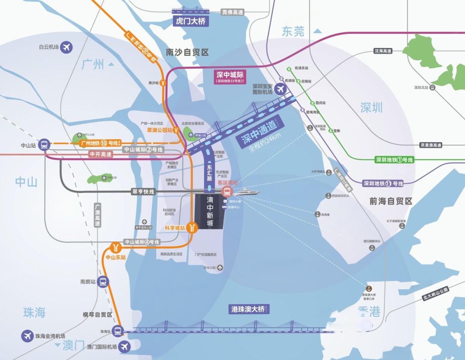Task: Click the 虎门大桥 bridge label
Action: tap(191, 21)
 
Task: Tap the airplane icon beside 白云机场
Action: tap(67, 47)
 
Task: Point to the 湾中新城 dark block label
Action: tap(210, 213)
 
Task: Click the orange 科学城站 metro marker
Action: tap(192, 228)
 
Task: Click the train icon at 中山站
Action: tap(44, 145)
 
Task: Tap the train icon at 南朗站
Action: tap(103, 282)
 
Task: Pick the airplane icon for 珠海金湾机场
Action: tap(27, 336)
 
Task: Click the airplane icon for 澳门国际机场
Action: tap(125, 346)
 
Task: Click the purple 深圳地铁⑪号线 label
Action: tap(383, 184)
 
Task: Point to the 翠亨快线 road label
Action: tap(144, 191)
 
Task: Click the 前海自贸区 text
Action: tap(391, 201)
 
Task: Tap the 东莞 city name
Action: tap(293, 31)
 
